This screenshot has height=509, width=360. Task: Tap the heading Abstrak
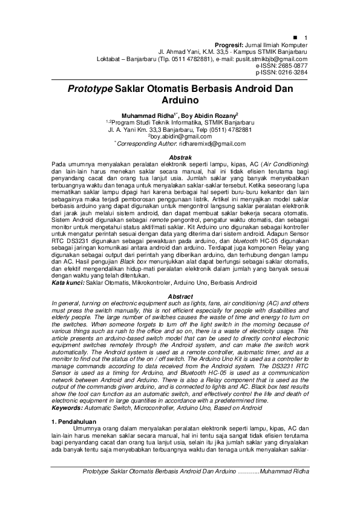(x=180, y=157)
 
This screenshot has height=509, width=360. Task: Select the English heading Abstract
(x=180, y=296)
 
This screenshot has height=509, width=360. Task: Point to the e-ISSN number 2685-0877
(x=291, y=65)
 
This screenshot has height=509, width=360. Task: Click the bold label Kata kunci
(x=67, y=282)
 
